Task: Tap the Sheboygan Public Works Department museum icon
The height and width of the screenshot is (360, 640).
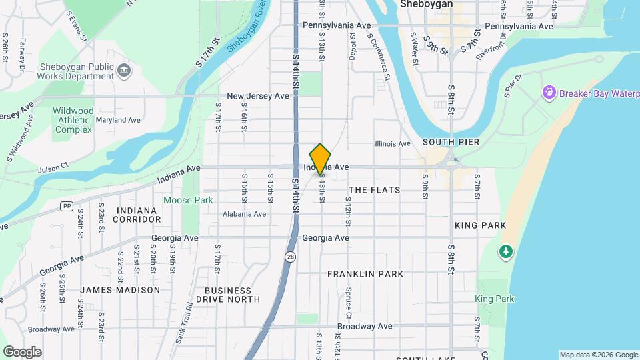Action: pos(124,71)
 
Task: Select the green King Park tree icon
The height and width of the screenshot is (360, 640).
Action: pos(507,251)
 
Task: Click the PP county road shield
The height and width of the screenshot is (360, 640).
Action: pos(66,206)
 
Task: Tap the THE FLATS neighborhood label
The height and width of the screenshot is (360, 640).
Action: pos(375,190)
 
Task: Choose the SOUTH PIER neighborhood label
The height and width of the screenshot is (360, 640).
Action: pos(451,143)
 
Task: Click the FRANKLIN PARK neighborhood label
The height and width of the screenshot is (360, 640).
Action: pos(365,274)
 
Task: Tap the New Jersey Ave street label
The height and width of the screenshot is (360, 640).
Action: pos(258,96)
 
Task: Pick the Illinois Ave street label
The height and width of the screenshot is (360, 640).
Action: pos(393,143)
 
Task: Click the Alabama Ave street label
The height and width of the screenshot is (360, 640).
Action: pos(245,214)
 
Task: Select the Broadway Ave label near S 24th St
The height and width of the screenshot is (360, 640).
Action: pos(51,329)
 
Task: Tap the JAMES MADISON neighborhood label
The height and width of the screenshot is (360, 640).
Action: pos(120,290)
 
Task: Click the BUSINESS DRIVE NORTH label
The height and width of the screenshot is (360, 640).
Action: pos(233,295)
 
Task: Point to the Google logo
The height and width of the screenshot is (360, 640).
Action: pos(22,352)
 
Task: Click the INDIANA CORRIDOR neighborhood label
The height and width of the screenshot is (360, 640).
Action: pos(136,215)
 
